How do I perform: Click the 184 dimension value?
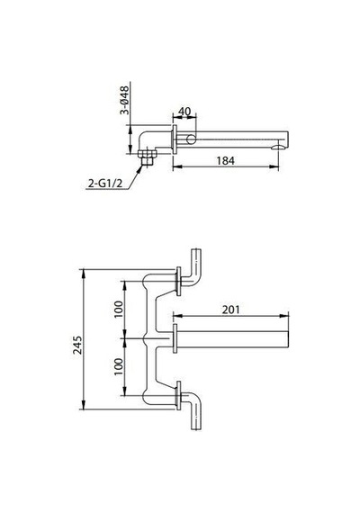(x=226, y=160)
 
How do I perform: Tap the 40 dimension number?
(x=184, y=112)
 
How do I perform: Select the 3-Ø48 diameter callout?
(x=124, y=100)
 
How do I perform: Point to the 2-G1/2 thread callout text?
(x=104, y=184)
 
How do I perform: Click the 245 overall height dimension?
(x=77, y=345)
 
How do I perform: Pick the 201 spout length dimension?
(x=230, y=310)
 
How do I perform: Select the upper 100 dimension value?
(x=119, y=310)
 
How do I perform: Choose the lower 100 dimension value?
(x=119, y=366)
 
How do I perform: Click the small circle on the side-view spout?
(x=191, y=139)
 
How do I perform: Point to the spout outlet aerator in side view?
(x=278, y=148)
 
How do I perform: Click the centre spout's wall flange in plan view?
(x=175, y=338)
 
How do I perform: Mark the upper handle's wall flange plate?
(x=178, y=282)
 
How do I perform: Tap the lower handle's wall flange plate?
(x=178, y=395)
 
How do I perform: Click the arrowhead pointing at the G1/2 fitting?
(x=140, y=168)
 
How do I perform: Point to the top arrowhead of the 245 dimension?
(x=84, y=274)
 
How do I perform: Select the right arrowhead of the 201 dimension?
(x=284, y=316)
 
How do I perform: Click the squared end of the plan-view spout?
(x=288, y=339)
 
